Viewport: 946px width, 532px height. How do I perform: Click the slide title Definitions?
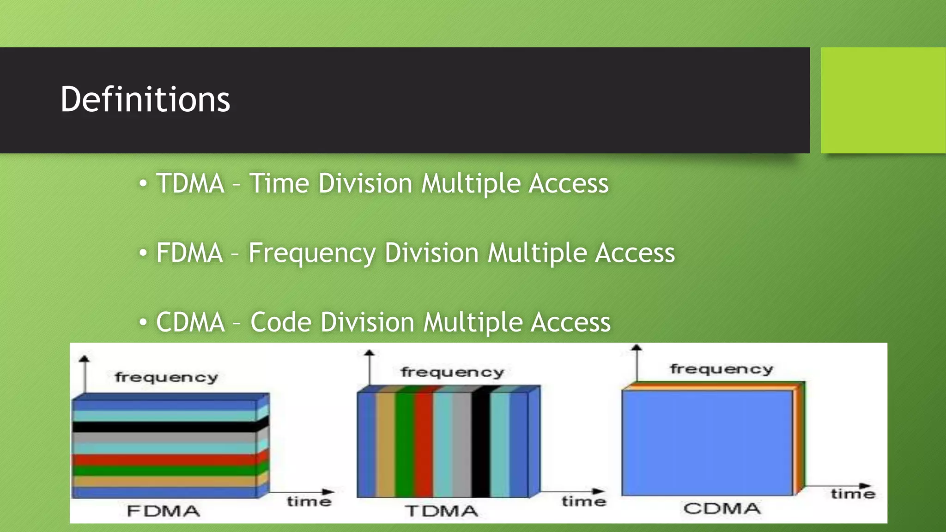point(145,99)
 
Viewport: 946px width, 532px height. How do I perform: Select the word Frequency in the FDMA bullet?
point(312,253)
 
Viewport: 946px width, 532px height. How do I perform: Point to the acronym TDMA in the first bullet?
point(190,183)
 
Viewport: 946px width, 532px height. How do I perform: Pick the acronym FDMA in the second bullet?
point(189,253)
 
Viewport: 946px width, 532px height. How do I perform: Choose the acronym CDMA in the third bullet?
point(190,322)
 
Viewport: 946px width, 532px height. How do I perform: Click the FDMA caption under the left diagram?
point(164,511)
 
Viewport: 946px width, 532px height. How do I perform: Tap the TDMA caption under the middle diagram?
point(442,511)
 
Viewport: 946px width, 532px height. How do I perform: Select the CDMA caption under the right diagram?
point(722,508)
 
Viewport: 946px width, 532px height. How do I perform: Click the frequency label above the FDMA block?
point(166,377)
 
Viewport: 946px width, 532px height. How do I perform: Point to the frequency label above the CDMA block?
point(722,369)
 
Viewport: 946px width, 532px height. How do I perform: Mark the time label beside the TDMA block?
point(584,501)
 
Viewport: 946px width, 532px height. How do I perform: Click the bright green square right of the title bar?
point(883,100)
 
